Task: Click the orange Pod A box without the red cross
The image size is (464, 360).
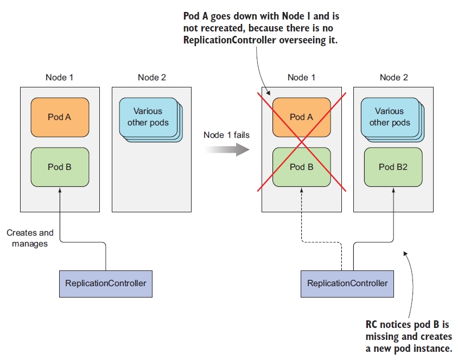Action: (60, 116)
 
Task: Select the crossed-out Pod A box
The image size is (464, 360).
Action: (301, 116)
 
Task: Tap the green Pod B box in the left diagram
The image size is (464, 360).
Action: (60, 167)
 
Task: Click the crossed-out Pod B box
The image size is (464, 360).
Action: (301, 167)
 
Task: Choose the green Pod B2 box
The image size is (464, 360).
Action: (393, 167)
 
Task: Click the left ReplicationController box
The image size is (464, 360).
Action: (105, 283)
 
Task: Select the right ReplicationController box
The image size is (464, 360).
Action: (347, 283)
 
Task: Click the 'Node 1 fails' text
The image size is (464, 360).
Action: (226, 135)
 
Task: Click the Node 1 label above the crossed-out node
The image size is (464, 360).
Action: (301, 77)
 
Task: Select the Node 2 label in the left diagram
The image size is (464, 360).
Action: (152, 77)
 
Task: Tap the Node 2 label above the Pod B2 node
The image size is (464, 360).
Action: (393, 77)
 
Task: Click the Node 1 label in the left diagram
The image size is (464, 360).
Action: (60, 77)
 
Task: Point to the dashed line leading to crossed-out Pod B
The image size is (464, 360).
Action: (302, 217)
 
